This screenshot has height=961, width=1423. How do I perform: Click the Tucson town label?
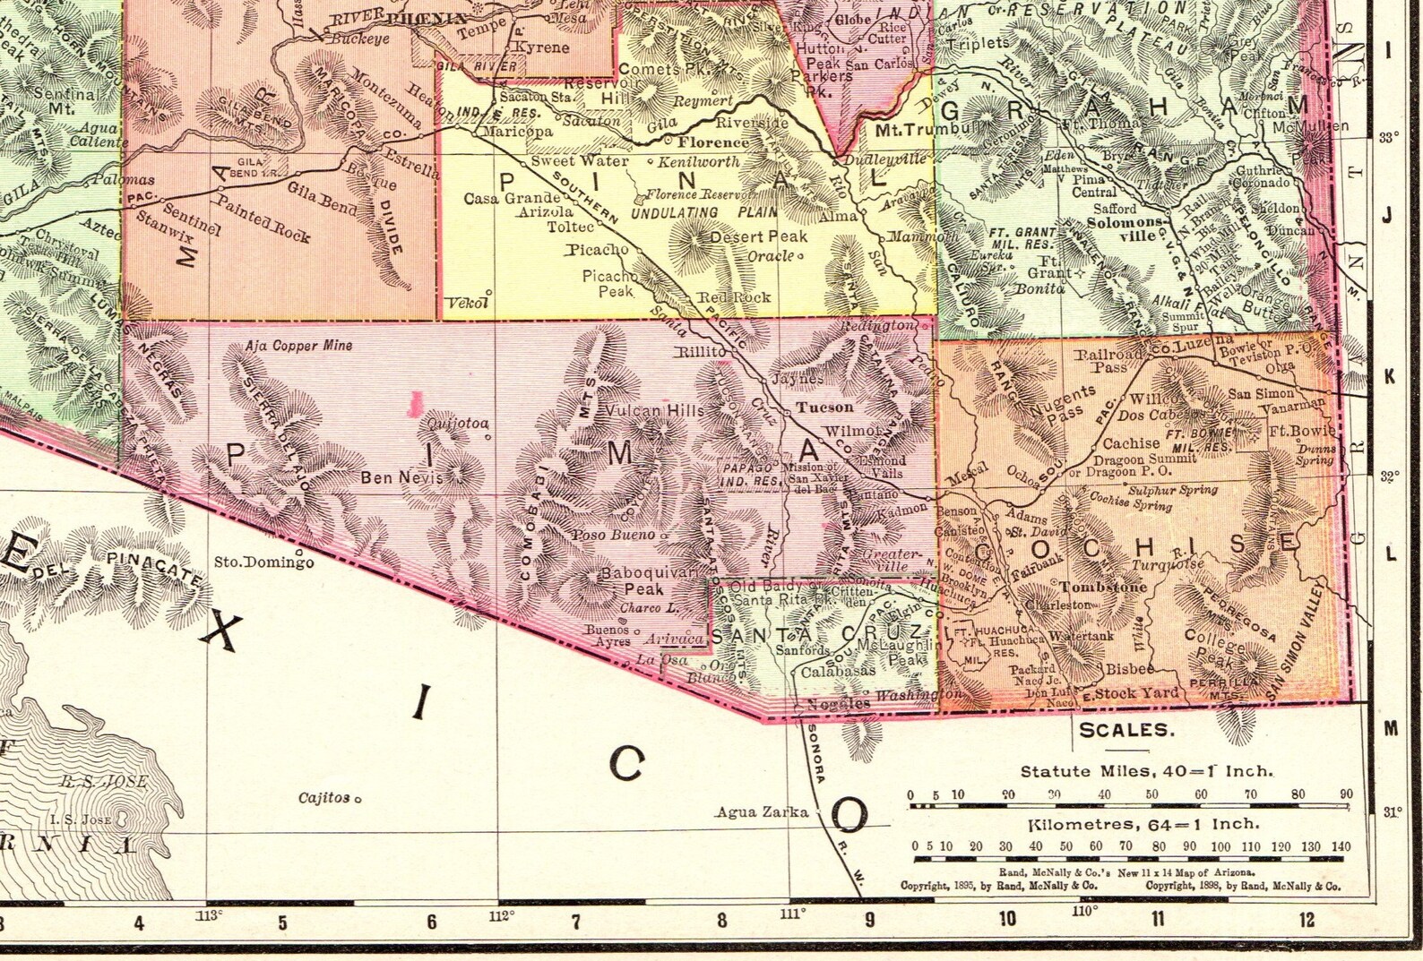click(x=825, y=407)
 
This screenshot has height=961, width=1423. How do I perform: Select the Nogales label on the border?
click(x=839, y=703)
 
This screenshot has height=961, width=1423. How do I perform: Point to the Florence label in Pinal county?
click(x=712, y=142)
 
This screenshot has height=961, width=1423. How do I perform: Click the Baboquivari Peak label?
click(x=636, y=581)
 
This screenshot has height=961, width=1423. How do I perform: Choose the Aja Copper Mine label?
click(x=298, y=346)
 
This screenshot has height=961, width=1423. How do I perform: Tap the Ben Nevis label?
click(x=401, y=477)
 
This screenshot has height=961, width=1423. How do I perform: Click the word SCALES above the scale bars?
click(x=1125, y=730)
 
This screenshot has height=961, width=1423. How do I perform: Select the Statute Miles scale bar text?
click(x=1146, y=771)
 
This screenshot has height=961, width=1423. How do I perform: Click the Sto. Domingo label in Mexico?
click(x=263, y=563)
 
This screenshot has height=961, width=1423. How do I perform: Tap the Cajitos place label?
click(x=324, y=797)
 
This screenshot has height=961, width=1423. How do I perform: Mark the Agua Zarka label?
click(x=761, y=812)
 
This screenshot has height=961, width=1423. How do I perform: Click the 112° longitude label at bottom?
click(x=501, y=915)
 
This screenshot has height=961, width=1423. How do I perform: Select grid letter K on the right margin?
click(x=1390, y=377)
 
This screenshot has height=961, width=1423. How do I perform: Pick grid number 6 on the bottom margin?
click(x=431, y=922)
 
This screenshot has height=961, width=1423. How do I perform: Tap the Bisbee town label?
click(x=1129, y=668)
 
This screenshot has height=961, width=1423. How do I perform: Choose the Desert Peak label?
click(x=758, y=236)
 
